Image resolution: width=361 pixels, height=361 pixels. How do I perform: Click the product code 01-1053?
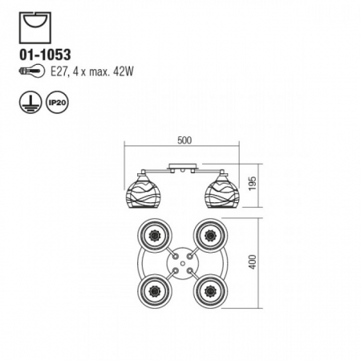point(45,55)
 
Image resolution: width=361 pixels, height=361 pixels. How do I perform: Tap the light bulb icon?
point(32,71)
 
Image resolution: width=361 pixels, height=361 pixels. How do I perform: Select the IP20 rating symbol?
point(57,103)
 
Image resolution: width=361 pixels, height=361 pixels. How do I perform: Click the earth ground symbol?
point(30,103)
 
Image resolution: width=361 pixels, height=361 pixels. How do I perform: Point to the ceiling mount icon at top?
point(35,28)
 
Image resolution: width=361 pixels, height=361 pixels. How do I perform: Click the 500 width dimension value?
point(185,140)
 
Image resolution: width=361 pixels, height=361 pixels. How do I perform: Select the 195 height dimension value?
point(253,184)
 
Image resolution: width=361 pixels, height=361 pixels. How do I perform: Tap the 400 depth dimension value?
point(253,262)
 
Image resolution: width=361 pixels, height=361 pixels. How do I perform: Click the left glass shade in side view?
point(141,191)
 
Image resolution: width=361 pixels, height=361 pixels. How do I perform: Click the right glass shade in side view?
point(221,191)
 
